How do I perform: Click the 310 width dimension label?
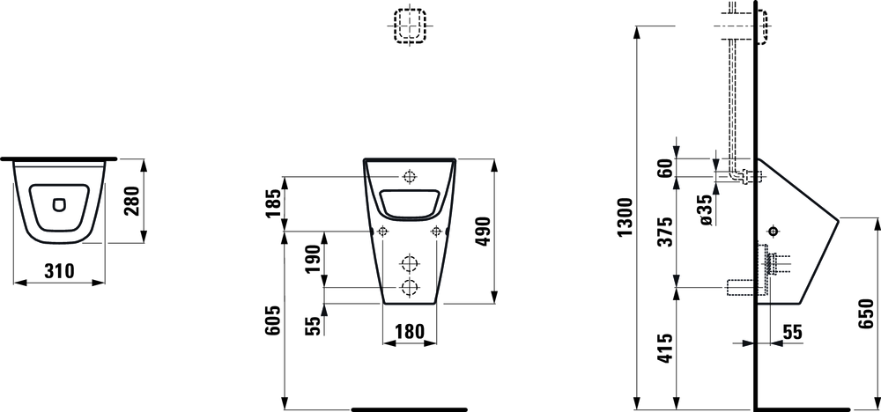tap(59, 271)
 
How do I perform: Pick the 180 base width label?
tap(409, 332)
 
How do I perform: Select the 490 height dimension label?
tap(482, 232)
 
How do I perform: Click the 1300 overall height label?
tap(626, 217)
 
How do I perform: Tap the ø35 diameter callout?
tap(707, 210)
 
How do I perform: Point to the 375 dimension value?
tap(666, 232)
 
